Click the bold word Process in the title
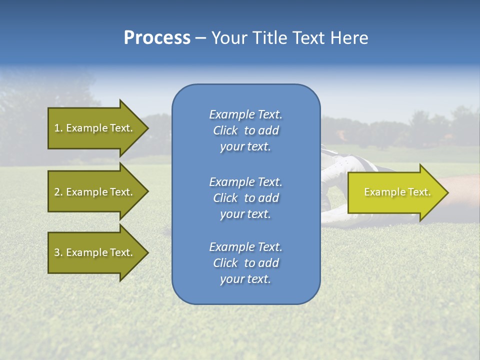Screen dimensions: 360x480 point(157,38)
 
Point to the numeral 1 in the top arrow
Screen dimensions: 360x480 point(57,128)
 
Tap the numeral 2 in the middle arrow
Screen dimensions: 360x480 point(57,192)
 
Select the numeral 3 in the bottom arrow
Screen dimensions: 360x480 point(57,252)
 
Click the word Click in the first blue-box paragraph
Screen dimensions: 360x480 point(225,130)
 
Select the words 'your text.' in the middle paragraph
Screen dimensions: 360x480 point(245,214)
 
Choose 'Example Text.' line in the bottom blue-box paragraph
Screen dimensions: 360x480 point(245,247)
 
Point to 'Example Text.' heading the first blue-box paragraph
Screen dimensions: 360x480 point(245,114)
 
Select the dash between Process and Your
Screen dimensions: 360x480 point(200,38)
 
